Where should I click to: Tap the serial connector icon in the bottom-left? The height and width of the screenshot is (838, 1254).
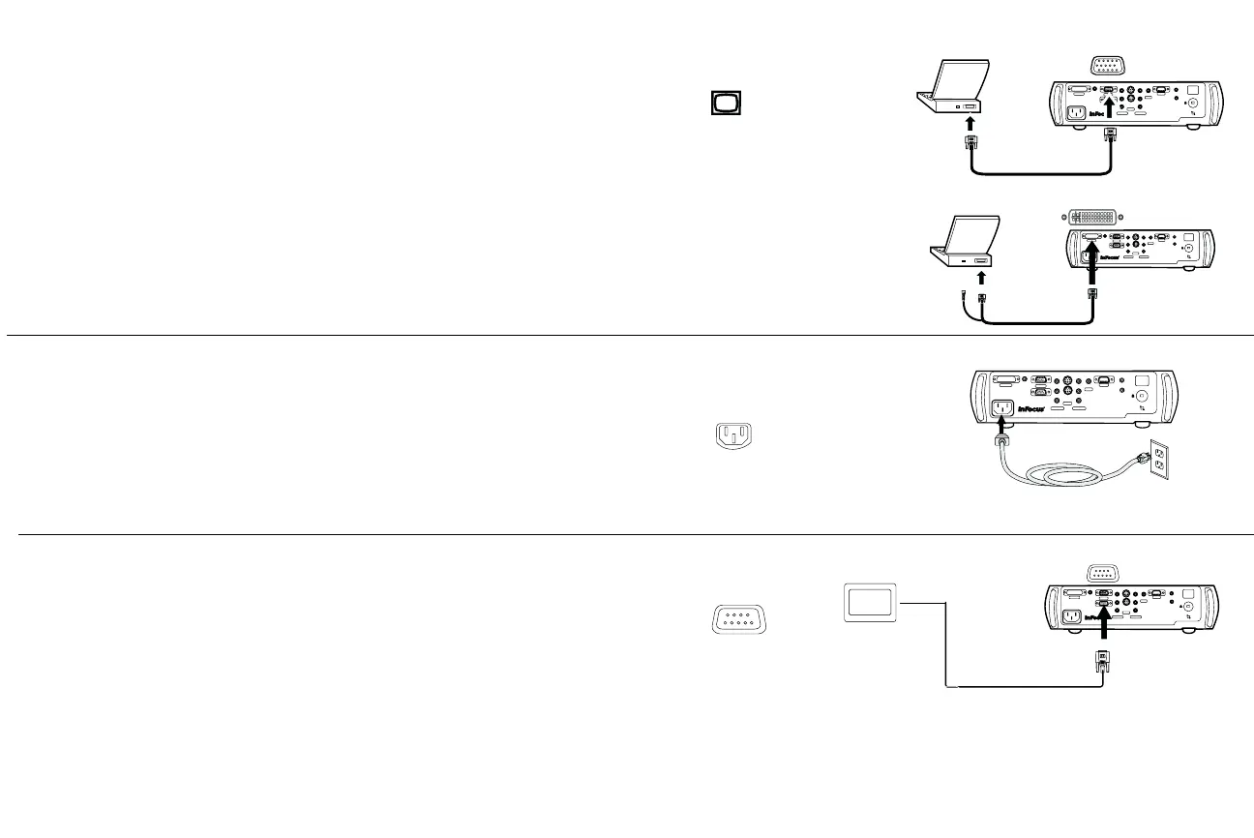738,619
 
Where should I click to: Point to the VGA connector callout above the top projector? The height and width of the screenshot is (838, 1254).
1107,67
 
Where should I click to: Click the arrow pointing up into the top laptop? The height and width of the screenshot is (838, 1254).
970,123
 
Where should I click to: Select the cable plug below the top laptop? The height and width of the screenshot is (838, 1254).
970,147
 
